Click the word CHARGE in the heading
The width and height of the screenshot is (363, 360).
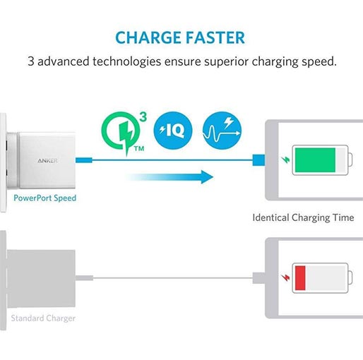148,38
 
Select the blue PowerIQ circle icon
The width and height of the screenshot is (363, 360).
173,131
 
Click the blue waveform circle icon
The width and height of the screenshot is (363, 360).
222,131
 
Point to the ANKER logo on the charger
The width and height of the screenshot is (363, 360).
47,161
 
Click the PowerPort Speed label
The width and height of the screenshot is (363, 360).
44,198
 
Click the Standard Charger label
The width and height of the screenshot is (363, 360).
43,318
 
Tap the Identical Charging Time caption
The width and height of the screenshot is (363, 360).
303,217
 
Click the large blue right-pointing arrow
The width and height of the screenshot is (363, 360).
169,177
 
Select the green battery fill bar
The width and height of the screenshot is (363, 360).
315,160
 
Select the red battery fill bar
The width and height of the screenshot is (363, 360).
300,278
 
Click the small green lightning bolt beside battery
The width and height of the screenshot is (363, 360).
286,160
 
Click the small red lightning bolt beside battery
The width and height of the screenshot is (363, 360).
286,278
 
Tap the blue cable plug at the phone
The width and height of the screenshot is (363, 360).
258,160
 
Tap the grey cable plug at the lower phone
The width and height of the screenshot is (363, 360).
258,278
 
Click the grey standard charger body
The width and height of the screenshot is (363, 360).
41,279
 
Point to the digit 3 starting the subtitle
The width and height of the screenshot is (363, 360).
31,61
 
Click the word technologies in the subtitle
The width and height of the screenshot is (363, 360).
126,61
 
